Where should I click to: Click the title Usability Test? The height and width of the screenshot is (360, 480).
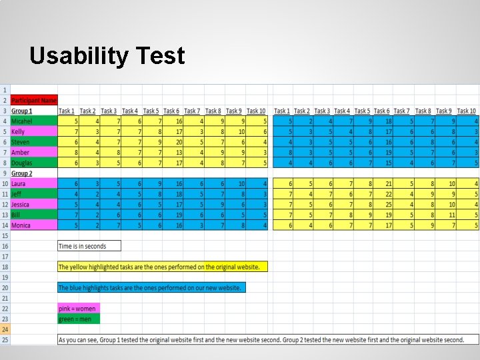click(107, 56)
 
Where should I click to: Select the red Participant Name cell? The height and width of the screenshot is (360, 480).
click(34, 100)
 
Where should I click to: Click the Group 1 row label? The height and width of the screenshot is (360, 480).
click(21, 111)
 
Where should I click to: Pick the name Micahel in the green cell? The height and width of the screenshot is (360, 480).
click(22, 121)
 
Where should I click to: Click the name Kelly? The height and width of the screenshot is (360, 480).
click(19, 132)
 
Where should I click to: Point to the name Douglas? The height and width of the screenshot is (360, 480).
click(22, 163)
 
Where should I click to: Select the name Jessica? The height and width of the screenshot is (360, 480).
click(21, 205)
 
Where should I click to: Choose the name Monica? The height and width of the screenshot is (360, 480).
click(21, 225)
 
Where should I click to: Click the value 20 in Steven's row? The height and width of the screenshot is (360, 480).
click(179, 142)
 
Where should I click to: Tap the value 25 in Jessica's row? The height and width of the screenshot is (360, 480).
click(388, 205)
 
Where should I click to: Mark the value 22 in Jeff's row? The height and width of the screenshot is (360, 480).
click(388, 194)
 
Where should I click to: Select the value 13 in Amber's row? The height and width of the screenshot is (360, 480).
click(179, 153)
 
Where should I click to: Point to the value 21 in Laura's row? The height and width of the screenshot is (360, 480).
click(388, 183)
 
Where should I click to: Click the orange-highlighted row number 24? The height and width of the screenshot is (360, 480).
click(5, 329)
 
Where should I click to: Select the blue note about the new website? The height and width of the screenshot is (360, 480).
click(151, 288)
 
